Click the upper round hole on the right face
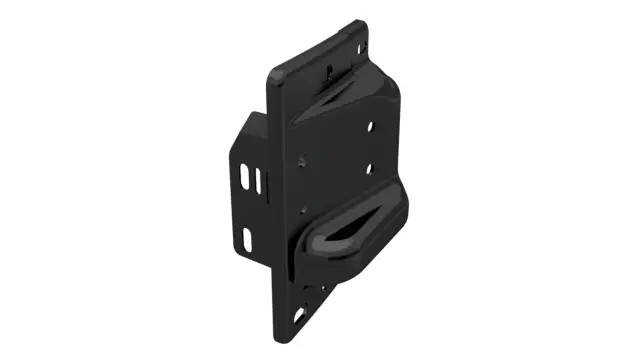click(x=372, y=128)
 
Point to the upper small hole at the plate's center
click(x=302, y=159)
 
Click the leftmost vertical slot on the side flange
click(x=245, y=178)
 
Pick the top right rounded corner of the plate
click(x=362, y=24)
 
